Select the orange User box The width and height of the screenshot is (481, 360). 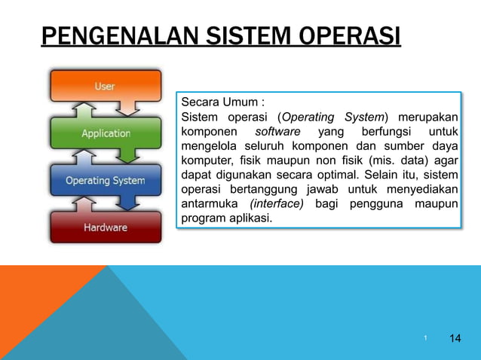106,86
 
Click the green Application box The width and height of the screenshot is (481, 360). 106,133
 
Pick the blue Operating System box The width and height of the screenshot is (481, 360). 106,181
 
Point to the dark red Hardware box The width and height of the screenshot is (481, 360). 106,227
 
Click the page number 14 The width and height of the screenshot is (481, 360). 455,337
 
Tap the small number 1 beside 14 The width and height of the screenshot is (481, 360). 426,338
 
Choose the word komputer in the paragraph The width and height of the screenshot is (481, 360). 206,160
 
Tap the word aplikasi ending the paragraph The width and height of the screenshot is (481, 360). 252,218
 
